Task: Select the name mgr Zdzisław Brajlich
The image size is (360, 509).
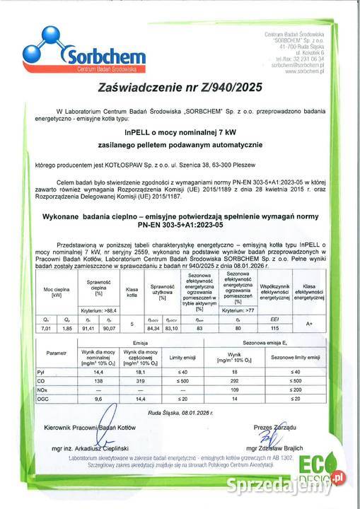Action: [x=272, y=448]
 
